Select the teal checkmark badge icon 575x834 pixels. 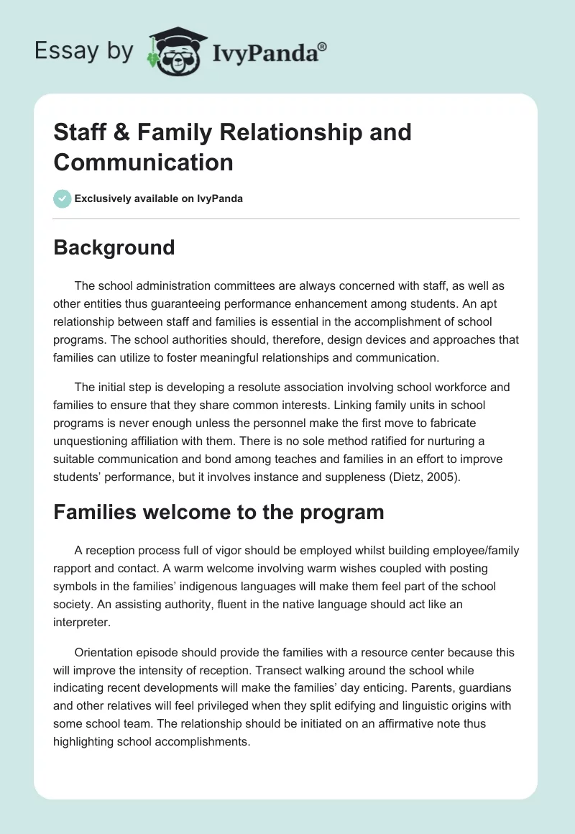pos(63,198)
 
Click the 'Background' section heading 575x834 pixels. pos(114,247)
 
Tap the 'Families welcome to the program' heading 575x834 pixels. pos(218,512)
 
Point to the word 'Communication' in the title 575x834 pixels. pos(143,162)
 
